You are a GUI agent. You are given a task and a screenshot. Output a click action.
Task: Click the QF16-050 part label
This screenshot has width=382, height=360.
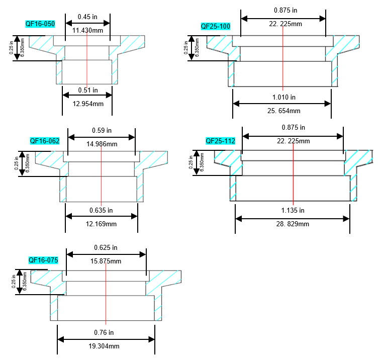[x=40, y=24]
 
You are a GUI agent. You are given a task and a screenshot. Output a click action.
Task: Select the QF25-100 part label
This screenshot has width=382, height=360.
[x=215, y=26]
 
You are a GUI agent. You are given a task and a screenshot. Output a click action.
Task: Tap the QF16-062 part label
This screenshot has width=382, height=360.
[x=45, y=141]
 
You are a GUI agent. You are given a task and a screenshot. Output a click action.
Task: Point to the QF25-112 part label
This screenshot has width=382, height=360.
[x=220, y=141]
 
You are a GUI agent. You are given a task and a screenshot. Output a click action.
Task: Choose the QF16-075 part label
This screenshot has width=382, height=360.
[x=43, y=260]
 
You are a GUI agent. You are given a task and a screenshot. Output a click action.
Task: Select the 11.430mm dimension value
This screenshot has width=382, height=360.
[x=88, y=31]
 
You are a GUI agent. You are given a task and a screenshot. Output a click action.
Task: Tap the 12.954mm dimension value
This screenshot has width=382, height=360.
[x=88, y=104]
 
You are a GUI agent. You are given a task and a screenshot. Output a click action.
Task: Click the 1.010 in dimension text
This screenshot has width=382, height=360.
[x=283, y=97]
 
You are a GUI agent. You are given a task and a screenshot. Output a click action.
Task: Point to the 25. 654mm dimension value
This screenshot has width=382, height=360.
[x=283, y=111]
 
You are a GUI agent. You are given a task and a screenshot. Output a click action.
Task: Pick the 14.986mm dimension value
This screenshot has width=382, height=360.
[x=102, y=144]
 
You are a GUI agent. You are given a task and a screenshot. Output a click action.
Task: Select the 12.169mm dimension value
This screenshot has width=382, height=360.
[x=102, y=224]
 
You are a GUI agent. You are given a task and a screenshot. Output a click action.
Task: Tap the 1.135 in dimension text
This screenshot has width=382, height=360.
[x=293, y=210]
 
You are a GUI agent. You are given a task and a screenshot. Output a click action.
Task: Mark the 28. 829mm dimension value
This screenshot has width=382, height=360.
[x=293, y=224]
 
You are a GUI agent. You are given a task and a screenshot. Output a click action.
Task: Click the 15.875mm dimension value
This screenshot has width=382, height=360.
[x=106, y=261]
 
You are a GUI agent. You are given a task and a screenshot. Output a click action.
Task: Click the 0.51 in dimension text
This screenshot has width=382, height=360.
[x=88, y=91]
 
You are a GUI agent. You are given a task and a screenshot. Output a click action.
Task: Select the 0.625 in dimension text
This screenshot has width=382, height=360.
[x=106, y=247]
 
